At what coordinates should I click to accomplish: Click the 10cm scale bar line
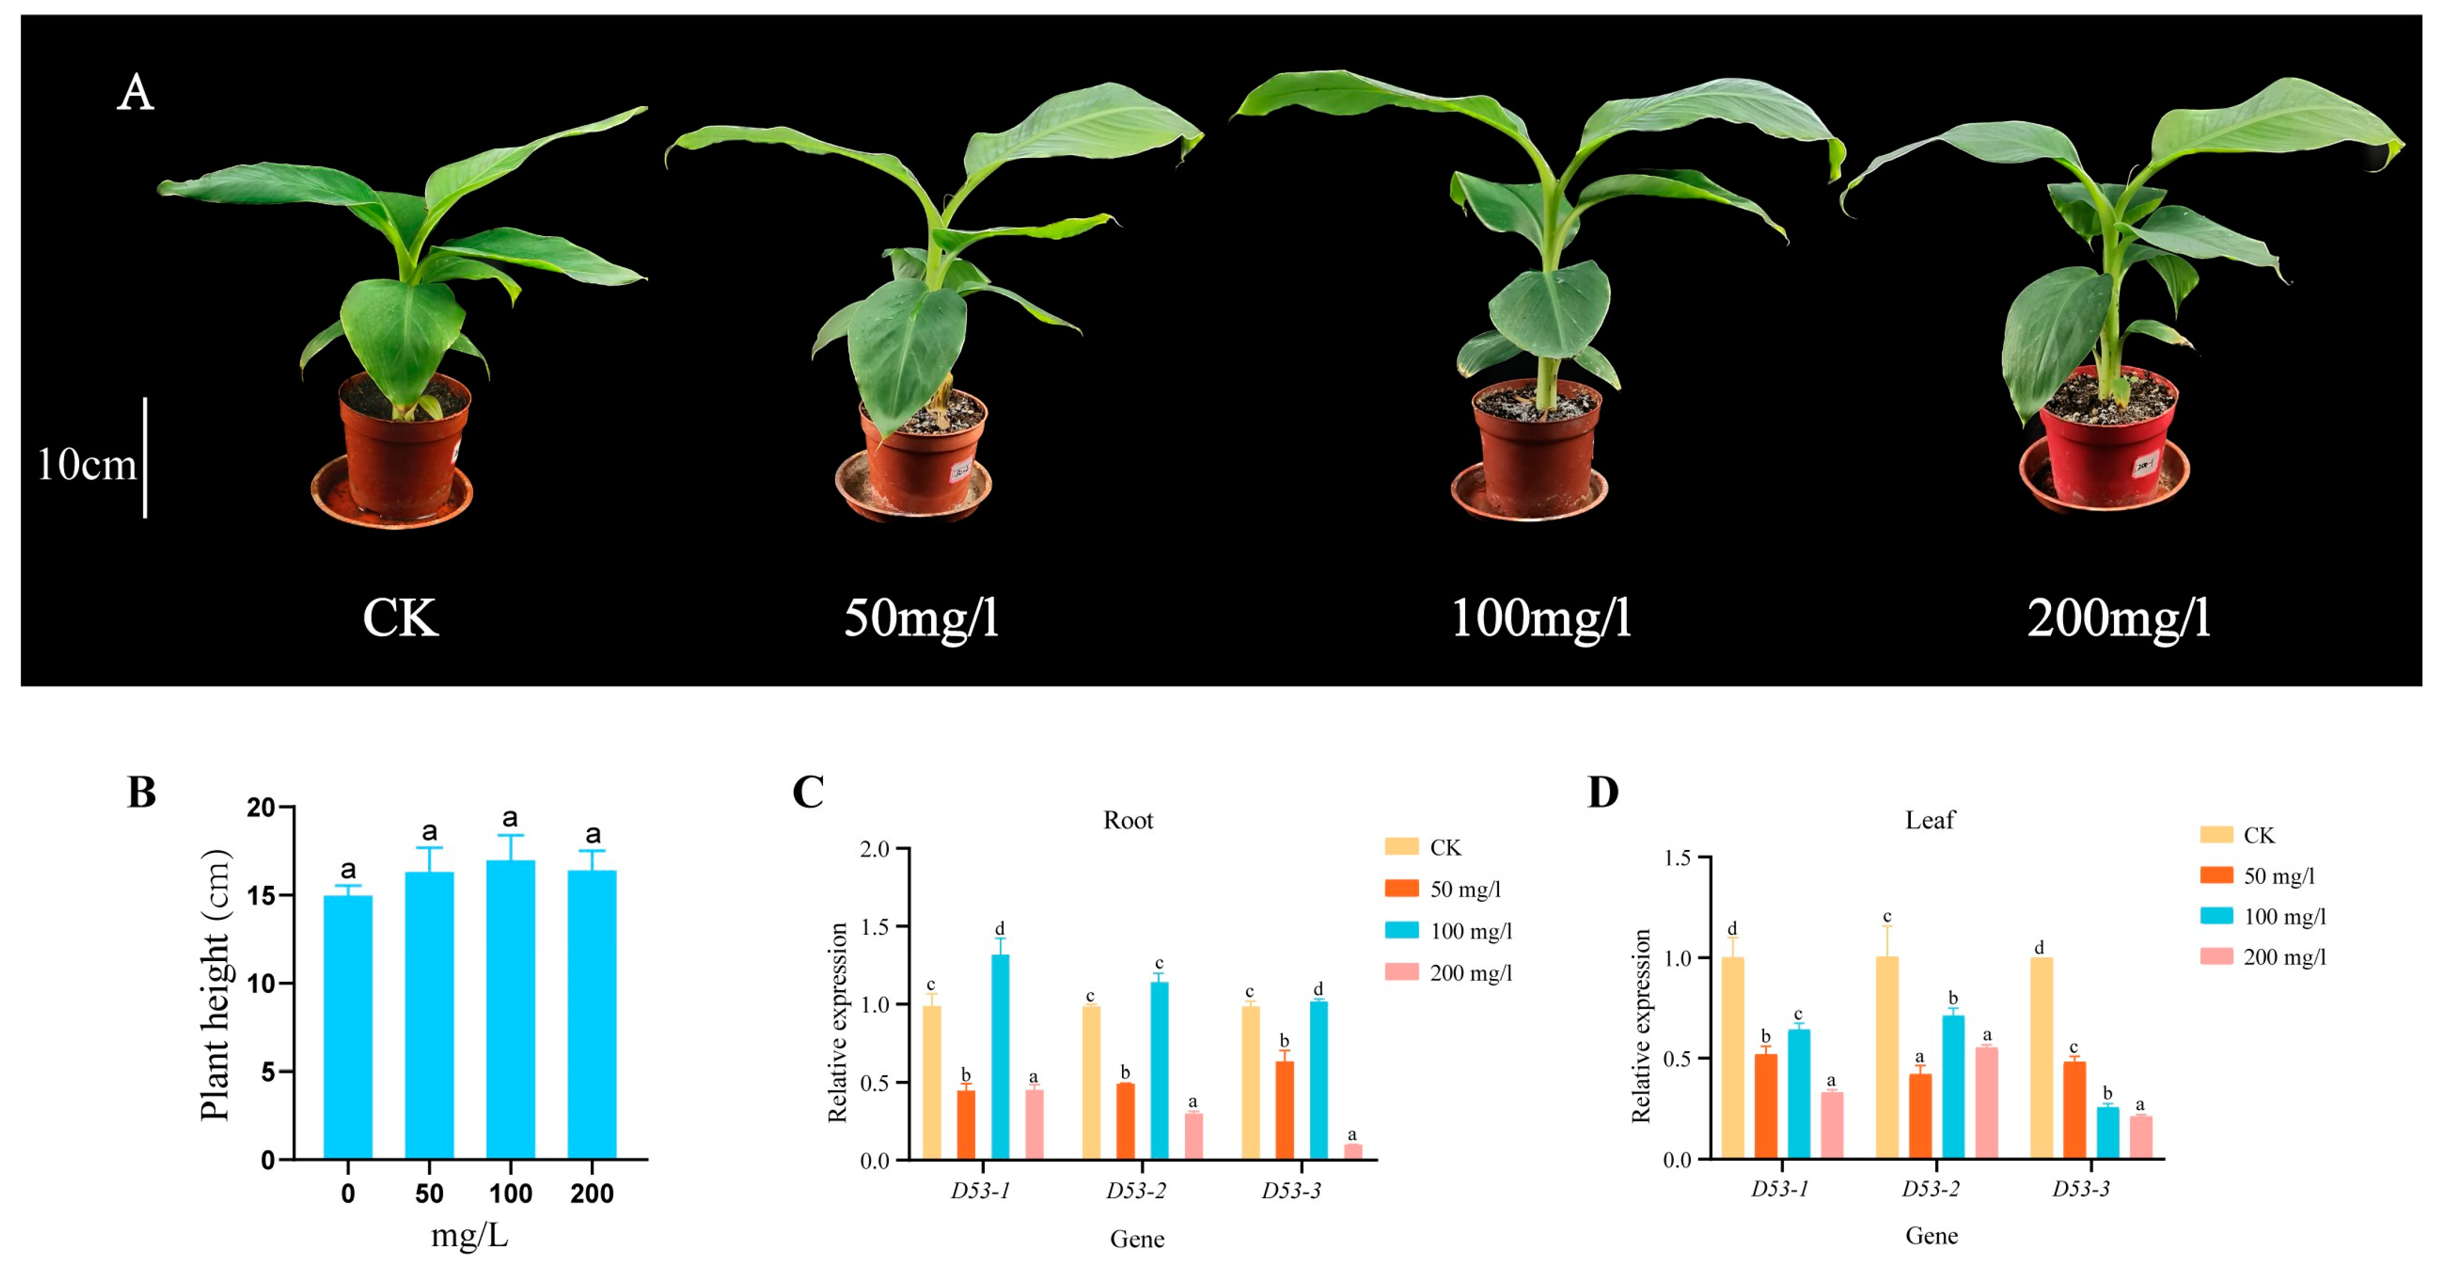(145, 458)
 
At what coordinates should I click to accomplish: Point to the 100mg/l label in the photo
(1540, 618)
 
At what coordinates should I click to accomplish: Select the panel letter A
(136, 93)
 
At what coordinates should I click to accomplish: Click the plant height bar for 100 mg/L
(510, 1010)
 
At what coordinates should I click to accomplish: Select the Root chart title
(1128, 820)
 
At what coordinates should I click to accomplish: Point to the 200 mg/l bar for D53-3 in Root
(1353, 1151)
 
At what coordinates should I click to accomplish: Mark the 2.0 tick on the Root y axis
(874, 849)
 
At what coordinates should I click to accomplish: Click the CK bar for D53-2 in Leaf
(1886, 1057)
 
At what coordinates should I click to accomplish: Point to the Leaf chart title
(1930, 820)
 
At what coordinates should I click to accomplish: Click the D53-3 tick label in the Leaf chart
(2081, 1189)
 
